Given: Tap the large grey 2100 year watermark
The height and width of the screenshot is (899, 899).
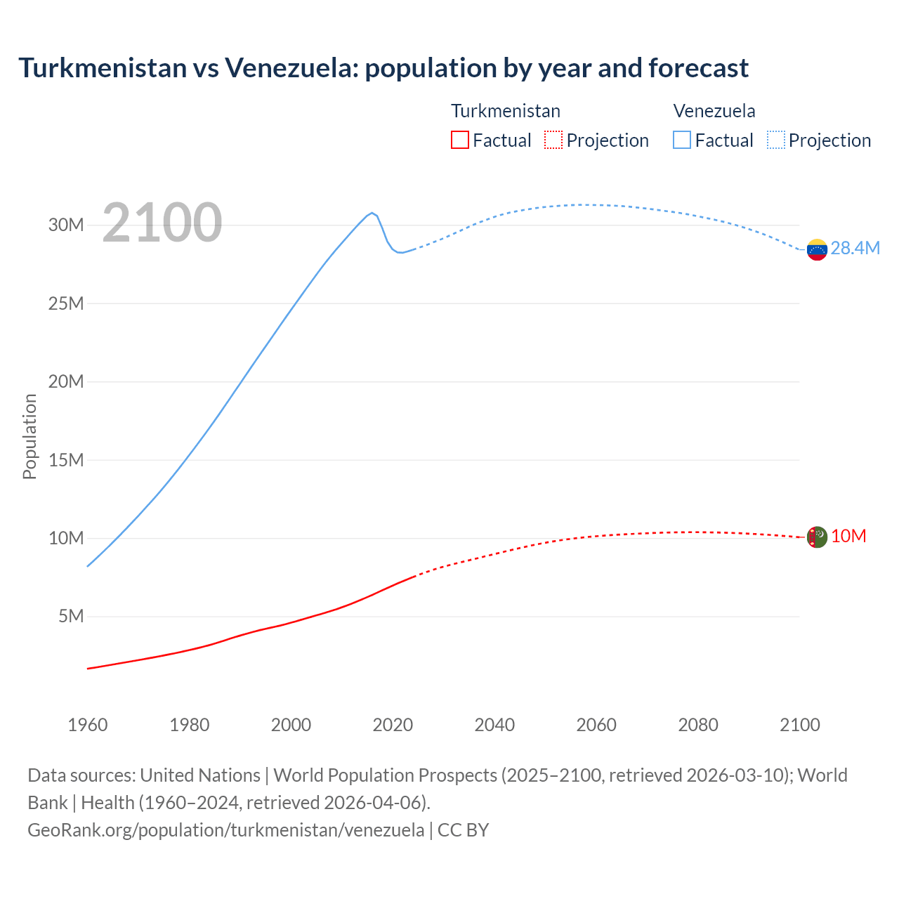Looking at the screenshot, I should click(162, 223).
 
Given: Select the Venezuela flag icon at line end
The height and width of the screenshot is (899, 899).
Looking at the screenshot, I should click(817, 249).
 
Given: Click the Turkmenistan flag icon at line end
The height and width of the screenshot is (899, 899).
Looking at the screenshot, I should click(816, 537).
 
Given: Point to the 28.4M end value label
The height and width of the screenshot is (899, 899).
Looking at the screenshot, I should click(855, 248).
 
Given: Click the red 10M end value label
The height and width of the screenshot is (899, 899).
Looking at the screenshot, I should click(848, 537).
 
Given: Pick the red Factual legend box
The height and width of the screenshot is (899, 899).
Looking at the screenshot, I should click(459, 140).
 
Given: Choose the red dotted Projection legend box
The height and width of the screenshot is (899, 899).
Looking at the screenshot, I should click(553, 140).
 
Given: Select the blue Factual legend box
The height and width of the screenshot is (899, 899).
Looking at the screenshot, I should click(682, 140).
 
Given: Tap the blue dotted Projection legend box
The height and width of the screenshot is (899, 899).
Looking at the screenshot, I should click(776, 140).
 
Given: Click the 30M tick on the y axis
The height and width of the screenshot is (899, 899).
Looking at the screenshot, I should click(66, 225).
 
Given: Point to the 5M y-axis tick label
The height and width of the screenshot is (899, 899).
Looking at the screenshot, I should click(71, 617).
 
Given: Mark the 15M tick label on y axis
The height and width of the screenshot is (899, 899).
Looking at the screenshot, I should click(66, 460).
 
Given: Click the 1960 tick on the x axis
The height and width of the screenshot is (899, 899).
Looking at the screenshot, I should click(88, 725).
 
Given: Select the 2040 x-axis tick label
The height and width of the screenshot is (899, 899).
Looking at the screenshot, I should click(494, 725).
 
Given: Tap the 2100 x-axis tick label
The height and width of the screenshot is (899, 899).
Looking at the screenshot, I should click(799, 725).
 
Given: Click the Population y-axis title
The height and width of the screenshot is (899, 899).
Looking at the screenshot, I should click(29, 436).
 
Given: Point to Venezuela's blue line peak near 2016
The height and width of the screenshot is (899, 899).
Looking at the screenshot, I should click(372, 213).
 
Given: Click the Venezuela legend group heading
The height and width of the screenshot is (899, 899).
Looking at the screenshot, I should click(714, 111).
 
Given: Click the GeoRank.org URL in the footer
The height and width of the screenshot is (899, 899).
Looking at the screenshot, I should click(225, 830).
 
